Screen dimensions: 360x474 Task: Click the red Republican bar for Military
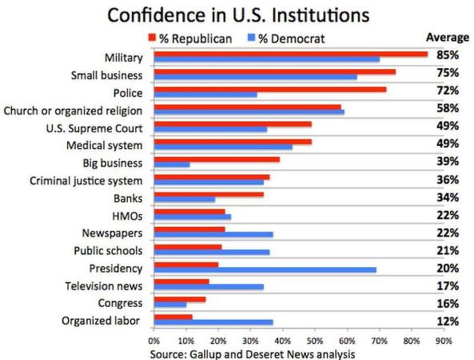point(290,54)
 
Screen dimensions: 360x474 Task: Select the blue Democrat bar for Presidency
point(265,270)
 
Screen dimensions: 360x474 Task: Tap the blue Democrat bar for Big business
point(172,164)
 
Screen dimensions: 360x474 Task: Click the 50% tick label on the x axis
point(315,342)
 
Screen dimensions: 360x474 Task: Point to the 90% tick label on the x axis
point(444,342)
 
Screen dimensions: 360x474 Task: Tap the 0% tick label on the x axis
point(153,342)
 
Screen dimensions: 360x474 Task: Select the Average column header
point(447,37)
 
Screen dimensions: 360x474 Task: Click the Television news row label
point(104,286)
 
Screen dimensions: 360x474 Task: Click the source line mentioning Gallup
point(252,354)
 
